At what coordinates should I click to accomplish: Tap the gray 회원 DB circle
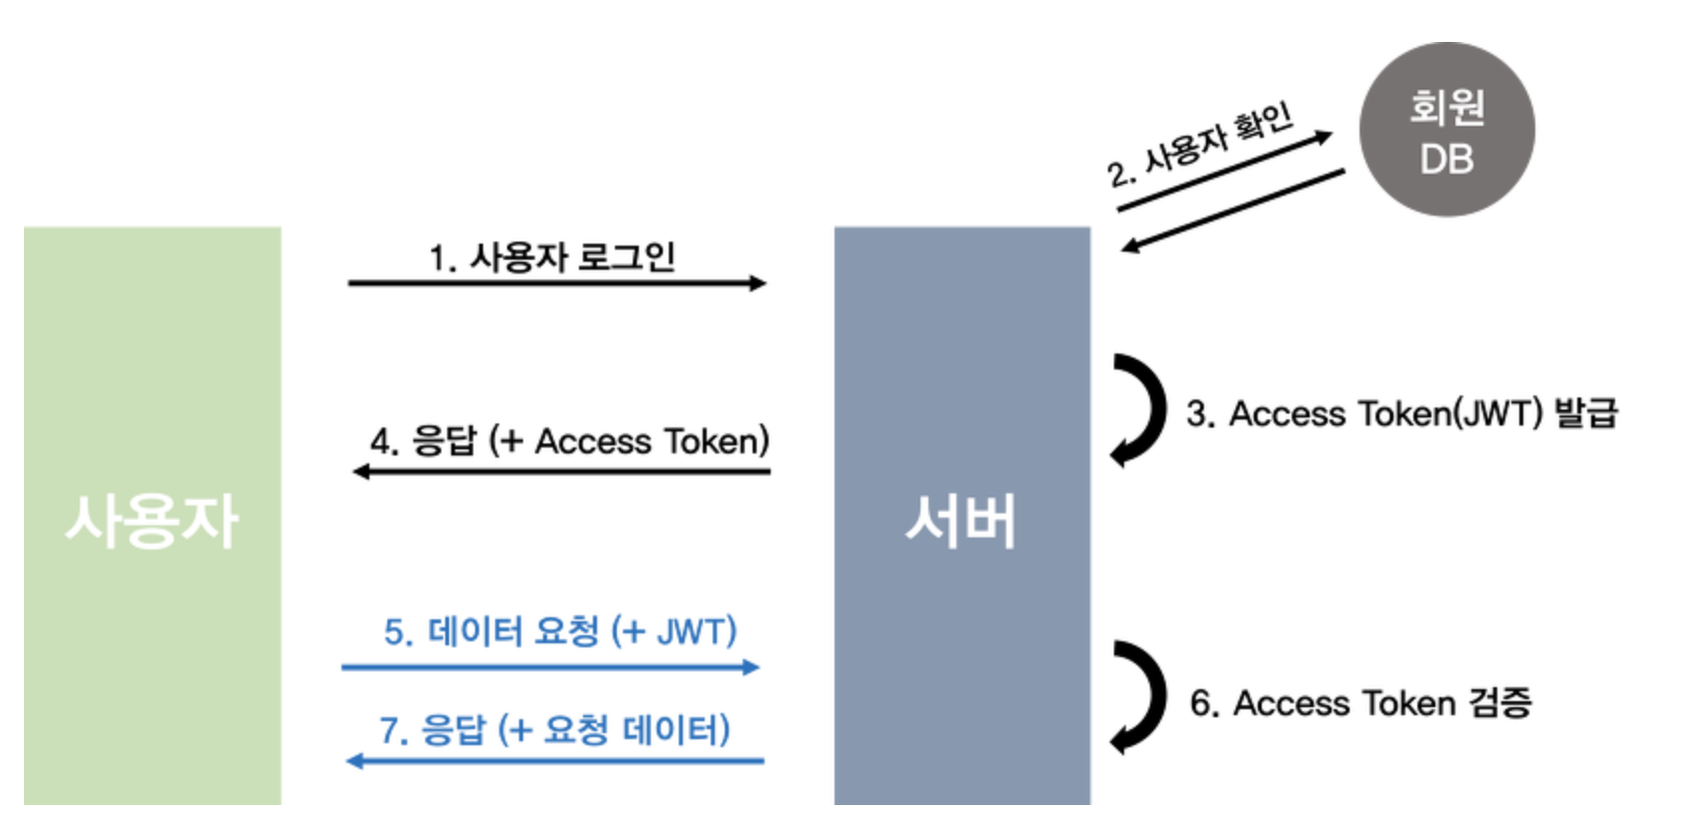1446,130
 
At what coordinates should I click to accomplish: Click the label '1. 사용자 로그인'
552,258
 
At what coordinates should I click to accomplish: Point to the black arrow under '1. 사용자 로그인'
556,284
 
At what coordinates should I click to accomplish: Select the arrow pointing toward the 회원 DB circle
1224,172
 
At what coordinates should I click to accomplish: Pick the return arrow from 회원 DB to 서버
1232,211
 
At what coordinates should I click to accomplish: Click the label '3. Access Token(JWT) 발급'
1402,414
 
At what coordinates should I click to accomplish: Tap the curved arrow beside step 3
1142,410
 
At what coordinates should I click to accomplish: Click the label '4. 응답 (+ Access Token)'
569,441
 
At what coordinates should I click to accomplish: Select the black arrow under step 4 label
561,470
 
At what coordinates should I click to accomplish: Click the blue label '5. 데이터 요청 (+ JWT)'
560,631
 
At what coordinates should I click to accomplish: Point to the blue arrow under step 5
550,666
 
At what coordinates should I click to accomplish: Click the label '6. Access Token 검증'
1361,703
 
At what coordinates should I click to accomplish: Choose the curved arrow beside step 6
1142,696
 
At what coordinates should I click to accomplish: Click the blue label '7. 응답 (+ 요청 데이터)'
555,730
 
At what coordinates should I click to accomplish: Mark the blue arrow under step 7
555,761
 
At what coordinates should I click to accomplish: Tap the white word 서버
961,521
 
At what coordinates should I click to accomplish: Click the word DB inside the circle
1446,160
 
